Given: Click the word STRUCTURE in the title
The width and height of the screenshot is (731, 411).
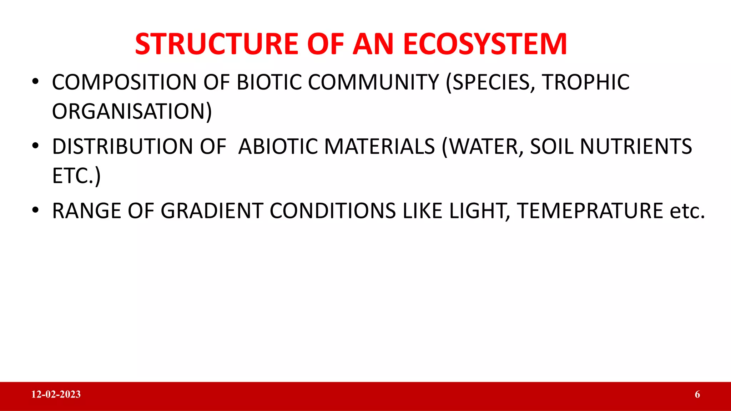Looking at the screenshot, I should coord(216,44).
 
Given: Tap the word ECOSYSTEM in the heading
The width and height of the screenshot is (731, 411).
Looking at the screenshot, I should coord(485,44).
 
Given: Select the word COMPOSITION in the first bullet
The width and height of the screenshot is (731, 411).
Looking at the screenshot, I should coord(124,82).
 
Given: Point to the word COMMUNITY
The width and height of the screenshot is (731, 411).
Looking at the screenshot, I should coord(373,82).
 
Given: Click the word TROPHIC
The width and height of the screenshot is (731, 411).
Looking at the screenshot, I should coord(585,82).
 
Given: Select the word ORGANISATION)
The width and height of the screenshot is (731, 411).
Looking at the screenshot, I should coord(132,111).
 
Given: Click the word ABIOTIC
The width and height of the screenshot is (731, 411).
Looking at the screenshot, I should coord(278,147).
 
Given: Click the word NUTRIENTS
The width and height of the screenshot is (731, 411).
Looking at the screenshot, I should coord(636,147).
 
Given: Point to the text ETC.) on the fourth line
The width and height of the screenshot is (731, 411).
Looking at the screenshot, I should coord(76,176).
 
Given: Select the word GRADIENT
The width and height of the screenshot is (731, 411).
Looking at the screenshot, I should coord(212,211).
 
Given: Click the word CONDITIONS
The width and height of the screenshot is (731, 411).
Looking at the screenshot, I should coord(333,211).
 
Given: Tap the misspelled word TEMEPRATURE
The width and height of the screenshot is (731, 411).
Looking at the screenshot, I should coord(590,211).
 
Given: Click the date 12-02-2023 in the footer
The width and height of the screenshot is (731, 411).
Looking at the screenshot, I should coord(56,394).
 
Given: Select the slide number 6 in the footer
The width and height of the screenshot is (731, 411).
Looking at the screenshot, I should coord(697,394).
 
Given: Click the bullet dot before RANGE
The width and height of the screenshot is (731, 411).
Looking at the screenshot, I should coord(35,210).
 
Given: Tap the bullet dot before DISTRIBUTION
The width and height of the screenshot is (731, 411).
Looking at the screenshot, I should coord(35,146).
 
